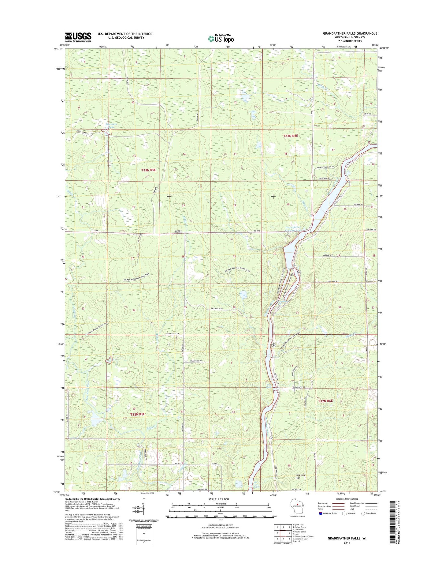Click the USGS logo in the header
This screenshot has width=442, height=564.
click(x=78, y=37)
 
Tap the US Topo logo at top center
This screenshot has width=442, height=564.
click(x=221, y=38)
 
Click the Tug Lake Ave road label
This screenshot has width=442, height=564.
click(x=333, y=281)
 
